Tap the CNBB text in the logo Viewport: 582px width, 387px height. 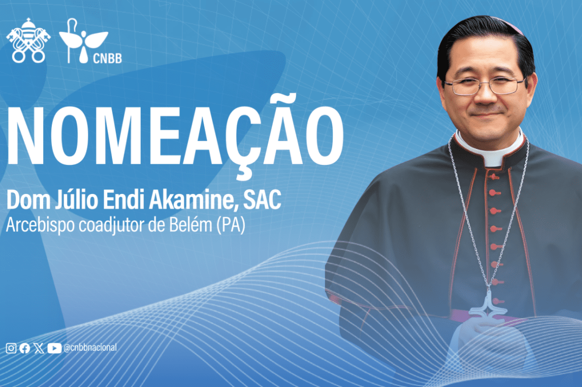[x=107, y=59]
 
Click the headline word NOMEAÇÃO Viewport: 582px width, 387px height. [x=175, y=135]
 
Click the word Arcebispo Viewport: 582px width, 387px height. [x=40, y=225]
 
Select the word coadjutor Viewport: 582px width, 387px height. [x=111, y=225]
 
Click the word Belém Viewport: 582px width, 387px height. [x=191, y=225]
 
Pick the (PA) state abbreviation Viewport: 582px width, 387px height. [x=231, y=225]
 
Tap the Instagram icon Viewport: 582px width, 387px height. [x=11, y=348]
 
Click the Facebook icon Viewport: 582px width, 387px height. [x=25, y=348]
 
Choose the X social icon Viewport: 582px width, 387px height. [x=39, y=348]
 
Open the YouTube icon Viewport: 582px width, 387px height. [x=54, y=348]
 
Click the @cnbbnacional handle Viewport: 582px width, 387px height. [x=90, y=348]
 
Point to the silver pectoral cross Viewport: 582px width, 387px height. [x=488, y=305]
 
